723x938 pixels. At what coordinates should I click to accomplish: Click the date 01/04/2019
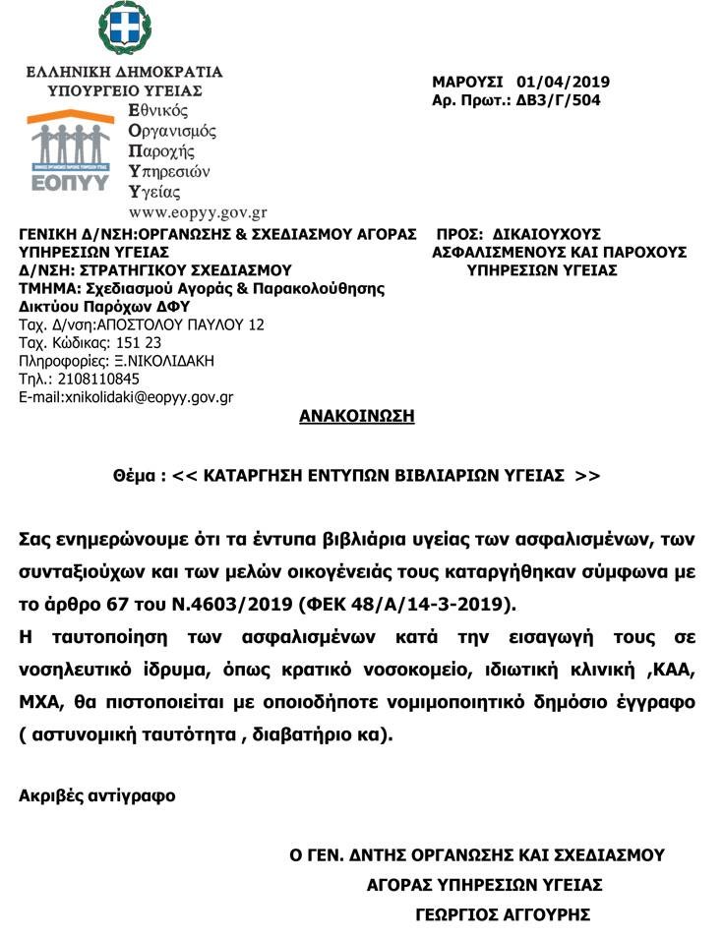click(x=555, y=82)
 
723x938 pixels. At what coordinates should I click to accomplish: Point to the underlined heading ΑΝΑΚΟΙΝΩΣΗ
click(x=356, y=416)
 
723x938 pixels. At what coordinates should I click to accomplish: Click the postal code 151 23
click(x=138, y=342)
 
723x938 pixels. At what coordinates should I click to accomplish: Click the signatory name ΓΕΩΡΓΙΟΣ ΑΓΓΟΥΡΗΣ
click(x=503, y=914)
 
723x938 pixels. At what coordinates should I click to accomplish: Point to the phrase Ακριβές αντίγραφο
click(x=97, y=795)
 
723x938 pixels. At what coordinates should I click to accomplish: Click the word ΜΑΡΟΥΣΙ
click(x=467, y=82)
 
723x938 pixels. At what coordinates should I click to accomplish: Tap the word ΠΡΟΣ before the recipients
click(x=455, y=234)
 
